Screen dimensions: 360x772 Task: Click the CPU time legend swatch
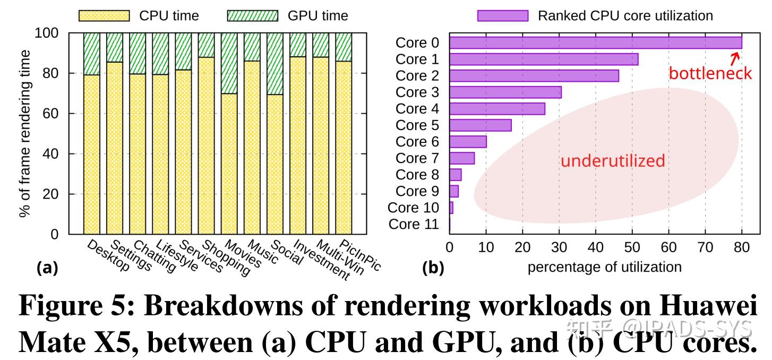pyautogui.click(x=104, y=15)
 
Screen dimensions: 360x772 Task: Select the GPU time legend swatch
pyautogui.click(x=252, y=15)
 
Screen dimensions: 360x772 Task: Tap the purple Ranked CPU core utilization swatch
pyautogui.click(x=502, y=15)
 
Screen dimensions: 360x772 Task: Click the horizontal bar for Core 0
pyautogui.click(x=595, y=42)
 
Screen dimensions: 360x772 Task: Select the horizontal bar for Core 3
pyautogui.click(x=505, y=92)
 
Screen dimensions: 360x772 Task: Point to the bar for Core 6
pyautogui.click(x=468, y=142)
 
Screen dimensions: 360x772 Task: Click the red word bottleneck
pyautogui.click(x=710, y=73)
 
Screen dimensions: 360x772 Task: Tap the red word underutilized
pyautogui.click(x=613, y=161)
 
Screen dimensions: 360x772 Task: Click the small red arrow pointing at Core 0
pyautogui.click(x=735, y=56)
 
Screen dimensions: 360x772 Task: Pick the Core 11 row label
pyautogui.click(x=414, y=224)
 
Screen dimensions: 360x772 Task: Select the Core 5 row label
pyautogui.click(x=418, y=125)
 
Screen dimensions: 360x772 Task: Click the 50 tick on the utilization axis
pyautogui.click(x=632, y=247)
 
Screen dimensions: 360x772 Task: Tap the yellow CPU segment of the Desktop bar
pyautogui.click(x=91, y=154)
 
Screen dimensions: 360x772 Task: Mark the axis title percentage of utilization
pyautogui.click(x=604, y=267)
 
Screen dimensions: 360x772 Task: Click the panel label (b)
pyautogui.click(x=433, y=268)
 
